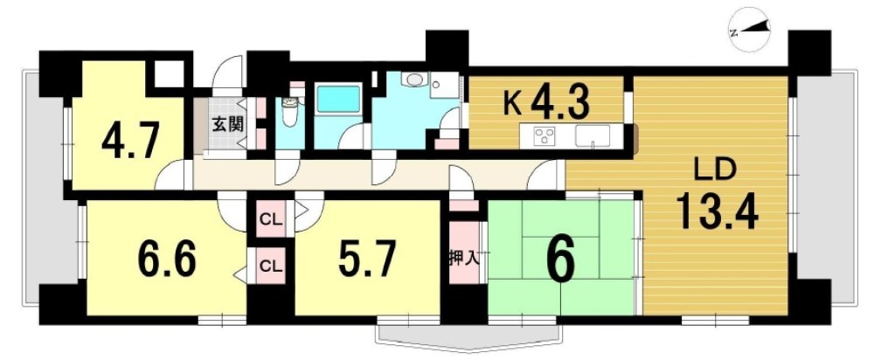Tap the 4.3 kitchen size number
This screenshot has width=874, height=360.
tap(558, 102)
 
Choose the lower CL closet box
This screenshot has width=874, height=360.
tap(271, 263)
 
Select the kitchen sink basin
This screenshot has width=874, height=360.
tap(595, 136)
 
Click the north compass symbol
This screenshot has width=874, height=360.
tap(750, 32)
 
